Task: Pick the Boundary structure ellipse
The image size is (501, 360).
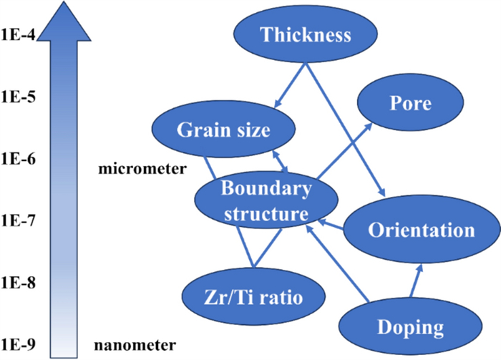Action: [266, 201]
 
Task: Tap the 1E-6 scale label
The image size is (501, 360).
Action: [19, 159]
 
